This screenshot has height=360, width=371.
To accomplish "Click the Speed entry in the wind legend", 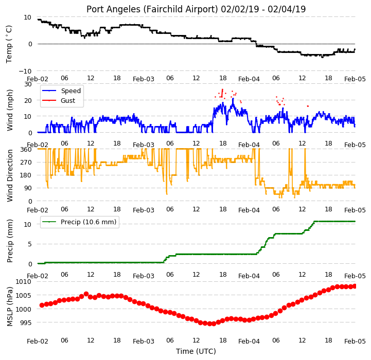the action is pos(70,91).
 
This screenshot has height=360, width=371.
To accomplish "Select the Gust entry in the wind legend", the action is pos(68,100).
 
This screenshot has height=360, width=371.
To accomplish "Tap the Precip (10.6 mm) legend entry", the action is pos(89,222).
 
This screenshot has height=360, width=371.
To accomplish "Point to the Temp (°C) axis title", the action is pos(9,44).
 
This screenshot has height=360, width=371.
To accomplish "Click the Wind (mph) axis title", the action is pos(9,110).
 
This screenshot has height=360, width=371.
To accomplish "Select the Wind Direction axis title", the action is pos(9,176).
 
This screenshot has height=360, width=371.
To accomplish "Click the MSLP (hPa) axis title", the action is pos(9,307).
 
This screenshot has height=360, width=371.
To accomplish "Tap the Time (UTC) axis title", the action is pos(196,351).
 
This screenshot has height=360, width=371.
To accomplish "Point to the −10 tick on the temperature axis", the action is pos(25,71).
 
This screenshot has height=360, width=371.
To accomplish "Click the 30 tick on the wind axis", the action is pos(28,84).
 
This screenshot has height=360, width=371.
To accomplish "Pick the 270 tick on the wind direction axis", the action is pos(26,163).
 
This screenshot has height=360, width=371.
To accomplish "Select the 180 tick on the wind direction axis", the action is pos(26,175).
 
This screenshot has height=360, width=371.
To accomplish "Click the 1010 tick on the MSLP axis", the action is pos(24,282).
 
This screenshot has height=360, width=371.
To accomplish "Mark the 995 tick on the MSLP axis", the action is pos(25,322).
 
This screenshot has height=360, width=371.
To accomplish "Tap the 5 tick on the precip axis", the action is pos(29,244).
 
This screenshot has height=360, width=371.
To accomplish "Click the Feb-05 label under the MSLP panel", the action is pos(355,341).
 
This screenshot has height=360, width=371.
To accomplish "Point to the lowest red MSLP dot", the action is pos(209,324).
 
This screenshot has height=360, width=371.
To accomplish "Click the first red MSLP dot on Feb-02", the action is pos(42,305).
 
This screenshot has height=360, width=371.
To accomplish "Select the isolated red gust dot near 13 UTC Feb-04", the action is pos(308,106).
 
